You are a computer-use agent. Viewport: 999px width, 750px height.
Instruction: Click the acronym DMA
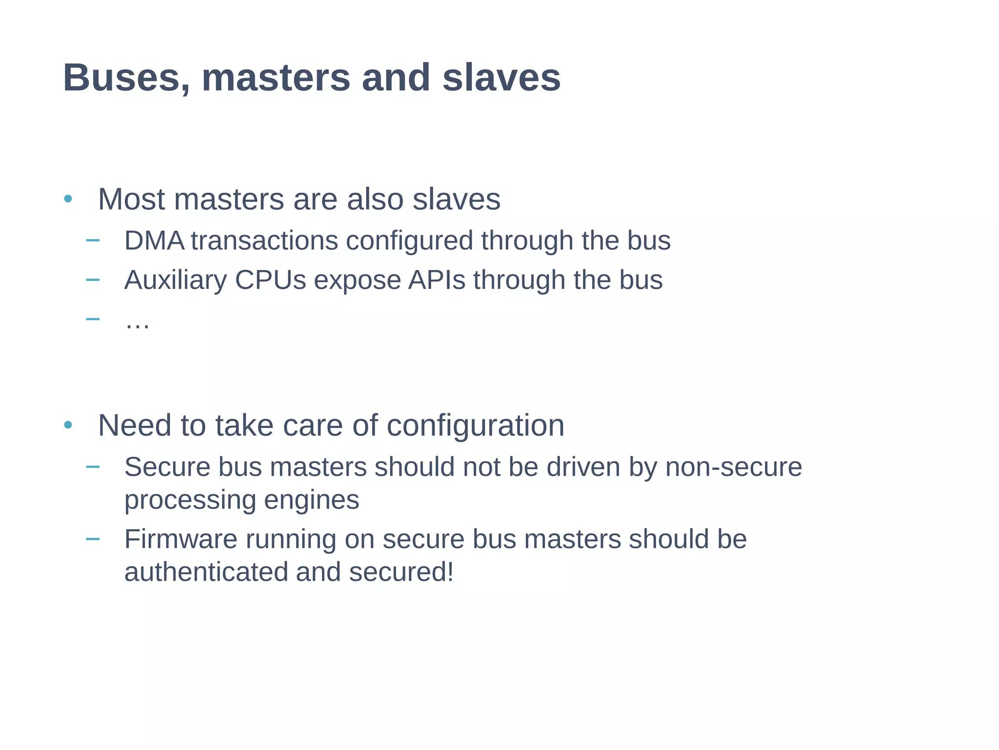[x=154, y=241]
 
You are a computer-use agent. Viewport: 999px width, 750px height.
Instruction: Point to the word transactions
[x=264, y=241]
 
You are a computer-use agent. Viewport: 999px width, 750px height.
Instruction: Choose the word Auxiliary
[x=176, y=280]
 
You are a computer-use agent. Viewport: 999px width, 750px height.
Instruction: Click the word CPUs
[x=271, y=280]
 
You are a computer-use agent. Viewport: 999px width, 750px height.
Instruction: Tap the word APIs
[x=437, y=280]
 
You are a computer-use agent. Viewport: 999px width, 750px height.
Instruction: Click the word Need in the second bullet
[x=135, y=426]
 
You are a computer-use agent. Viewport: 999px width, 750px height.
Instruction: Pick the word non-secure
[x=733, y=467]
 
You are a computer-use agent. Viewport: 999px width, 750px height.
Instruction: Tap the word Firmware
[x=181, y=539]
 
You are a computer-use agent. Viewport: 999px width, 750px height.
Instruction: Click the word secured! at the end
[x=401, y=572]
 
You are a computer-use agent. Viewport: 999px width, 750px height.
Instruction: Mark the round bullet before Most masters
[x=68, y=199]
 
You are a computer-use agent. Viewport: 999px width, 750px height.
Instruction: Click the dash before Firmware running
[x=92, y=539]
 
